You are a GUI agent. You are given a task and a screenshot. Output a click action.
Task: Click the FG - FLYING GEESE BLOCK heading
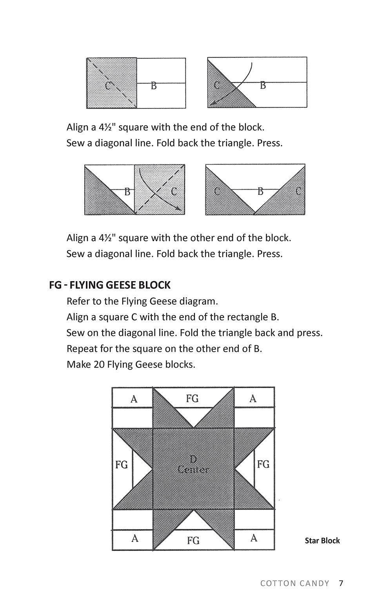coord(110,285)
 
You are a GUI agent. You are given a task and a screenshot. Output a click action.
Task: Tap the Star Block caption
coord(322,541)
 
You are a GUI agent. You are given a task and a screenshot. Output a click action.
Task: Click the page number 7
coord(341,583)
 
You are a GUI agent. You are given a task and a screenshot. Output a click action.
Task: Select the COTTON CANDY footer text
coord(295,583)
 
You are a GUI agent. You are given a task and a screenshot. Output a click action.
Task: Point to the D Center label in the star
coord(193,464)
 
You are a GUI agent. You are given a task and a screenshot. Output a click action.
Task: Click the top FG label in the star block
coord(192,399)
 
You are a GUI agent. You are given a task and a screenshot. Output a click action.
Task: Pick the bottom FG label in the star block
coord(193,541)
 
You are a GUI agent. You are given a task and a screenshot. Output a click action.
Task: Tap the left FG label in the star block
coord(122,465)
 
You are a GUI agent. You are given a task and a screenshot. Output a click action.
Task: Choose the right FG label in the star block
coord(263,464)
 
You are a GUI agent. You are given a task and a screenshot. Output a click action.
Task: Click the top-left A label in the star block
coord(134,399)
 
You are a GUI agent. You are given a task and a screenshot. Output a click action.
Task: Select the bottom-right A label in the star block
coord(254,538)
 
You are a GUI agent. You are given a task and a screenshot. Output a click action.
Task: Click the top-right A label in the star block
coord(253,399)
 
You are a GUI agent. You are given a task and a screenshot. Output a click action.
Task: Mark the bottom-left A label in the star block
coord(135,538)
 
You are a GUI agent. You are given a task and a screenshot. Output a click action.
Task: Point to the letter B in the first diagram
coord(154,86)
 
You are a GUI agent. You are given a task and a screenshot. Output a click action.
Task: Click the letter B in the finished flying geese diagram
coord(260,191)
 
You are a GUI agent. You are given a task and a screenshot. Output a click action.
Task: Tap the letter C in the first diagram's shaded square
coord(108,85)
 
